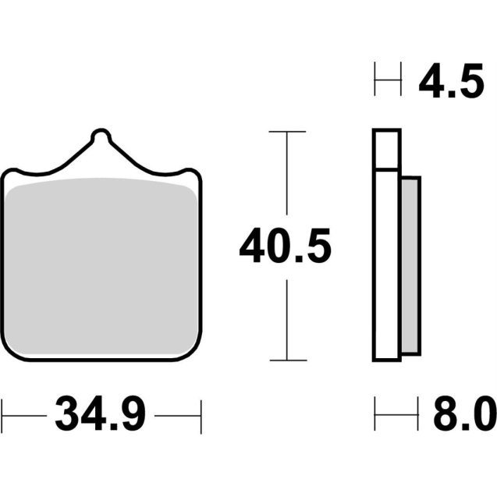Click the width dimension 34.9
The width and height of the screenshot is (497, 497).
click(100, 415)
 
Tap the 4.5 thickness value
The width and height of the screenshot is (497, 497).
click(451, 83)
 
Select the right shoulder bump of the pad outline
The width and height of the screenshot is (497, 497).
click(190, 172)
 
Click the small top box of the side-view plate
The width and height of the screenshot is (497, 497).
click(387, 149)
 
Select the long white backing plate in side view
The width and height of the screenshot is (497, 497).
click(387, 265)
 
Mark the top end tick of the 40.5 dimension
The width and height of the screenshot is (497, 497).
click(286, 133)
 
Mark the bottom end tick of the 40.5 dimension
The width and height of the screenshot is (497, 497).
click(286, 360)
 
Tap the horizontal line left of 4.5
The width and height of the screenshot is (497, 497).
click(388, 80)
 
